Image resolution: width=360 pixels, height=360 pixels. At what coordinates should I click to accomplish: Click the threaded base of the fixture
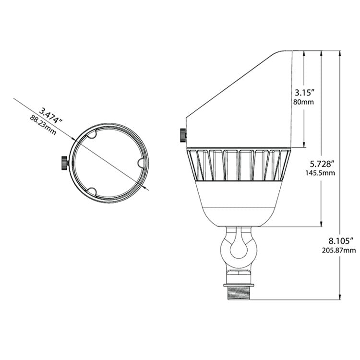pos(238,292)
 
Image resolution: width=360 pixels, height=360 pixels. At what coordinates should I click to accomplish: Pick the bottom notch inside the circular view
pos(92,191)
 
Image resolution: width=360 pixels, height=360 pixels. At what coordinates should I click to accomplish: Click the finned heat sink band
pos(238,165)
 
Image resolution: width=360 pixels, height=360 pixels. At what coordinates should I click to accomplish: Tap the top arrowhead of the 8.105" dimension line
pos(340,52)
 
